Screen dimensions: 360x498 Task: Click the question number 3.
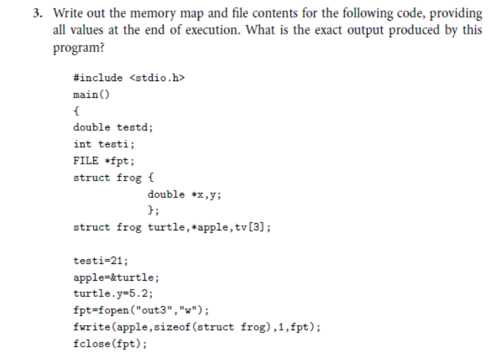point(36,13)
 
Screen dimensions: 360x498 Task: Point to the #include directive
point(97,78)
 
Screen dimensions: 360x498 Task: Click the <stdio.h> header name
point(157,78)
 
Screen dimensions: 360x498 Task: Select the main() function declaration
point(91,94)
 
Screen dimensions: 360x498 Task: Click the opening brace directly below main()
point(76,111)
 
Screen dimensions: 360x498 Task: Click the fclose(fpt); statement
point(107,344)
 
